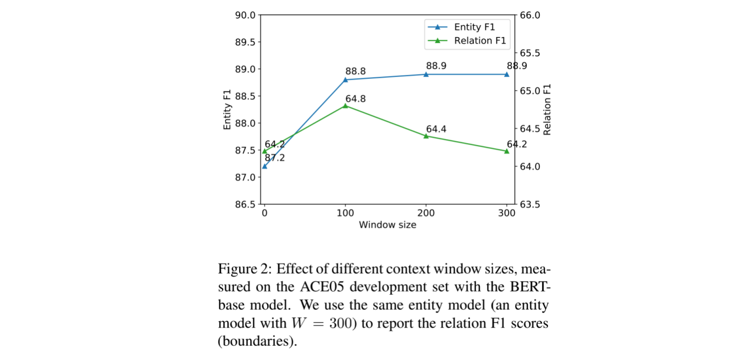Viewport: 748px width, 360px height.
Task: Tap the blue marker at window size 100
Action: point(345,80)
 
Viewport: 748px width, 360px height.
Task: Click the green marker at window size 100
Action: point(345,106)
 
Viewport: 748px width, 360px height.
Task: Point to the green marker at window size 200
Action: point(426,136)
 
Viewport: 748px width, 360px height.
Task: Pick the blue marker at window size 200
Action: point(426,74)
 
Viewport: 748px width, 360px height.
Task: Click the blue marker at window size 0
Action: point(265,166)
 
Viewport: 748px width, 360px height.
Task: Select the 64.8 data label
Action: point(355,99)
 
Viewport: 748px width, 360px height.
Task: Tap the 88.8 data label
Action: point(355,71)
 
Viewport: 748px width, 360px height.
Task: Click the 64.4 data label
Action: point(436,129)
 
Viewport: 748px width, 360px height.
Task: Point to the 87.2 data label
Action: point(274,158)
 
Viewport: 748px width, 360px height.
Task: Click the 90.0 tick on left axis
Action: point(245,15)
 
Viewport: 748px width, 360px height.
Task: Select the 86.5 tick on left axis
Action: point(245,204)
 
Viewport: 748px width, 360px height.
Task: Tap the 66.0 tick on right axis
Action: point(530,15)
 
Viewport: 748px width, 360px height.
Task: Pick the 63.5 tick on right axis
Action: point(530,204)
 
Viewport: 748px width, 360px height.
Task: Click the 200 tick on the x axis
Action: point(426,213)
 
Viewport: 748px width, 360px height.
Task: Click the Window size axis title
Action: point(387,225)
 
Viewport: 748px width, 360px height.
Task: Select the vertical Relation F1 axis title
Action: point(547,110)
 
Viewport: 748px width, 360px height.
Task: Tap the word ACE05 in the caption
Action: point(322,287)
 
